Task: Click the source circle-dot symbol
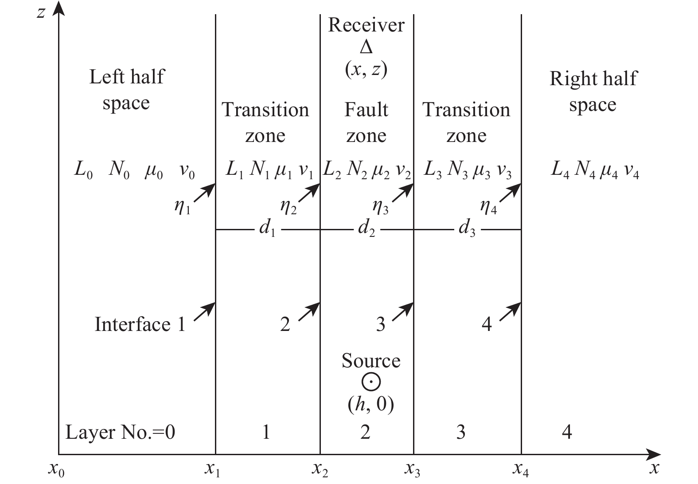point(371,382)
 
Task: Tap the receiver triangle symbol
point(366,47)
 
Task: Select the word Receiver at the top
point(366,25)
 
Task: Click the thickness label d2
point(366,229)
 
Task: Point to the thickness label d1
point(267,229)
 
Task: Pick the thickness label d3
point(467,229)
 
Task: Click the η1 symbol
point(182,206)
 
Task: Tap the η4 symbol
point(488,206)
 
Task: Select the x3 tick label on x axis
point(413,469)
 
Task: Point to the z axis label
point(41,12)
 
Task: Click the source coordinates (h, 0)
point(371,404)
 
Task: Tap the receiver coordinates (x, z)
point(366,69)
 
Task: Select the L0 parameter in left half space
point(83,171)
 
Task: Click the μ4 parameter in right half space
point(608,171)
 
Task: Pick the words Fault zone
point(366,122)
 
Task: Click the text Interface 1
point(140,324)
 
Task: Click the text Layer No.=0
point(120,432)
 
